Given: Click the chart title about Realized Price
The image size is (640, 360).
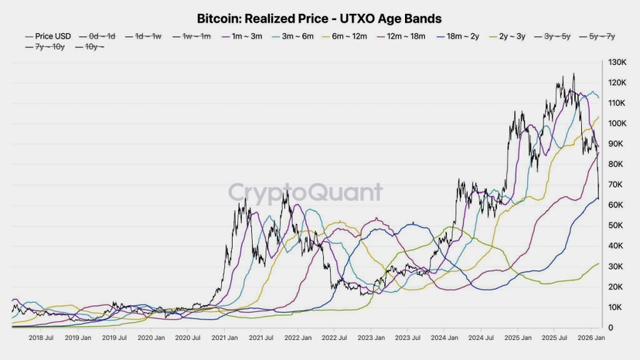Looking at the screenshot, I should click(x=319, y=18).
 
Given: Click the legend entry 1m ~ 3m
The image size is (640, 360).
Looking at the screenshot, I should click(x=243, y=36).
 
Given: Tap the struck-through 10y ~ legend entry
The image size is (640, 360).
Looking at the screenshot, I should click(x=91, y=47).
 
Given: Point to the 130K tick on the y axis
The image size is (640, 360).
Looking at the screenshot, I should click(x=617, y=62).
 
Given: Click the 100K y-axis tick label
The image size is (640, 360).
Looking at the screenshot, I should click(x=617, y=124).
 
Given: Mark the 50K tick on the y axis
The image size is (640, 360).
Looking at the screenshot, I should click(x=617, y=226).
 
